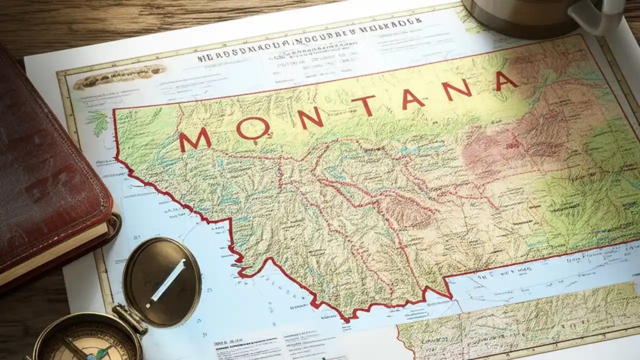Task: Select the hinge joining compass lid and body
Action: pos(129,318)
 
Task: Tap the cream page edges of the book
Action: pos(55,255)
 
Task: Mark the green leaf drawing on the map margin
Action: pos(98,122)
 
